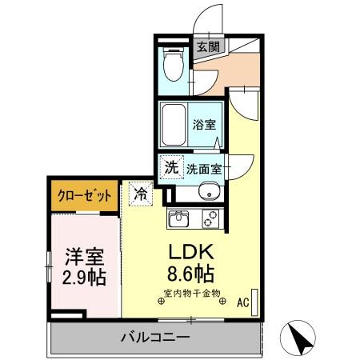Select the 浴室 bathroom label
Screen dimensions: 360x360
point(205,124)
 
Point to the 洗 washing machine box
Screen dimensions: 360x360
point(171,168)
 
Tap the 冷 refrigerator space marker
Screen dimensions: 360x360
point(140,194)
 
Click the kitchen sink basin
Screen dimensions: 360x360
point(178,218)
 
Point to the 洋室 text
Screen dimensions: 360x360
point(82,258)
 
